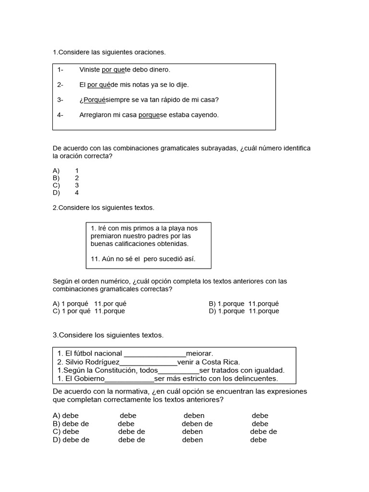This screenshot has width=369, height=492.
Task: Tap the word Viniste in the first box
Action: point(90,70)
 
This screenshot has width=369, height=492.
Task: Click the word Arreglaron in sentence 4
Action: point(95,115)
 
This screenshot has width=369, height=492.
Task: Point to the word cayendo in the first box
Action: point(205,115)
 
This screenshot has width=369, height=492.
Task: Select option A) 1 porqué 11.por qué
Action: point(89,304)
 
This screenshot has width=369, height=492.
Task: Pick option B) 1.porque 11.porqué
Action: point(244,304)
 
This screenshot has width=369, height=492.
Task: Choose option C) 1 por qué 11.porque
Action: point(89,311)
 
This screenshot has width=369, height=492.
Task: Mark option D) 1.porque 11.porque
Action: point(244,311)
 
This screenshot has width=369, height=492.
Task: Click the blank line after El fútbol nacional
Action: point(155,354)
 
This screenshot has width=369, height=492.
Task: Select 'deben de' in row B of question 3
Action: point(197,424)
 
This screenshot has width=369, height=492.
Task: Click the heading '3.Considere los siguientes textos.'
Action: point(108,335)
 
